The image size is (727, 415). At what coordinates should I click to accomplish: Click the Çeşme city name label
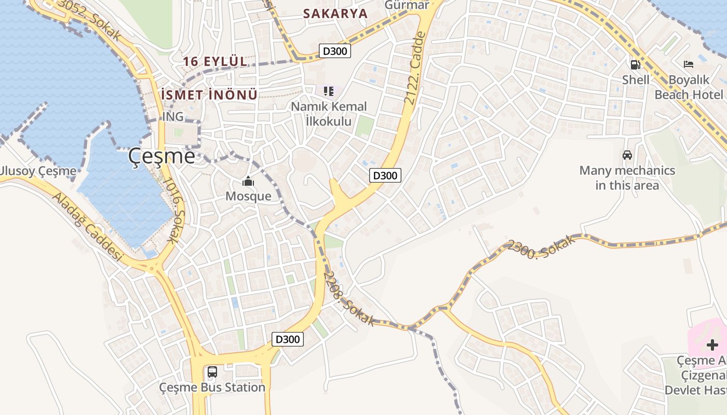[x=161, y=155]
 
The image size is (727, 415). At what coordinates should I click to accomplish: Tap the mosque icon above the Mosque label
[x=248, y=182]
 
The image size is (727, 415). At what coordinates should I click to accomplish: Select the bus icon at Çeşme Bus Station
[x=212, y=372]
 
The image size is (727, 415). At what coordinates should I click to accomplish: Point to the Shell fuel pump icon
[x=635, y=65]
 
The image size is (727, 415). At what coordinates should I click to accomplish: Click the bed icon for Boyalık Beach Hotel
[x=689, y=65]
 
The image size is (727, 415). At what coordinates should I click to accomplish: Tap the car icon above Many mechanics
[x=627, y=155]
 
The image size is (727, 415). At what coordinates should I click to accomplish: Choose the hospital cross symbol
[x=712, y=344]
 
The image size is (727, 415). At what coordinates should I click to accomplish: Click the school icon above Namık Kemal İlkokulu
[x=328, y=91]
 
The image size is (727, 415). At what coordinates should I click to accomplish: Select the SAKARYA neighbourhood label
[x=335, y=14]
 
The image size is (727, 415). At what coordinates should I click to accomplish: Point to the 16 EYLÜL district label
[x=214, y=61]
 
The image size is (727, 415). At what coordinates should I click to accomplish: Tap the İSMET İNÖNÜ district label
[x=209, y=95]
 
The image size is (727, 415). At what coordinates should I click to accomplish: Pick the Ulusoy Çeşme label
[x=38, y=171]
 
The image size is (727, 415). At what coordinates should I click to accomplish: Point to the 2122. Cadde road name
[x=417, y=68]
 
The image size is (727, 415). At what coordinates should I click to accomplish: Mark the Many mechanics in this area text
[x=627, y=178]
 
